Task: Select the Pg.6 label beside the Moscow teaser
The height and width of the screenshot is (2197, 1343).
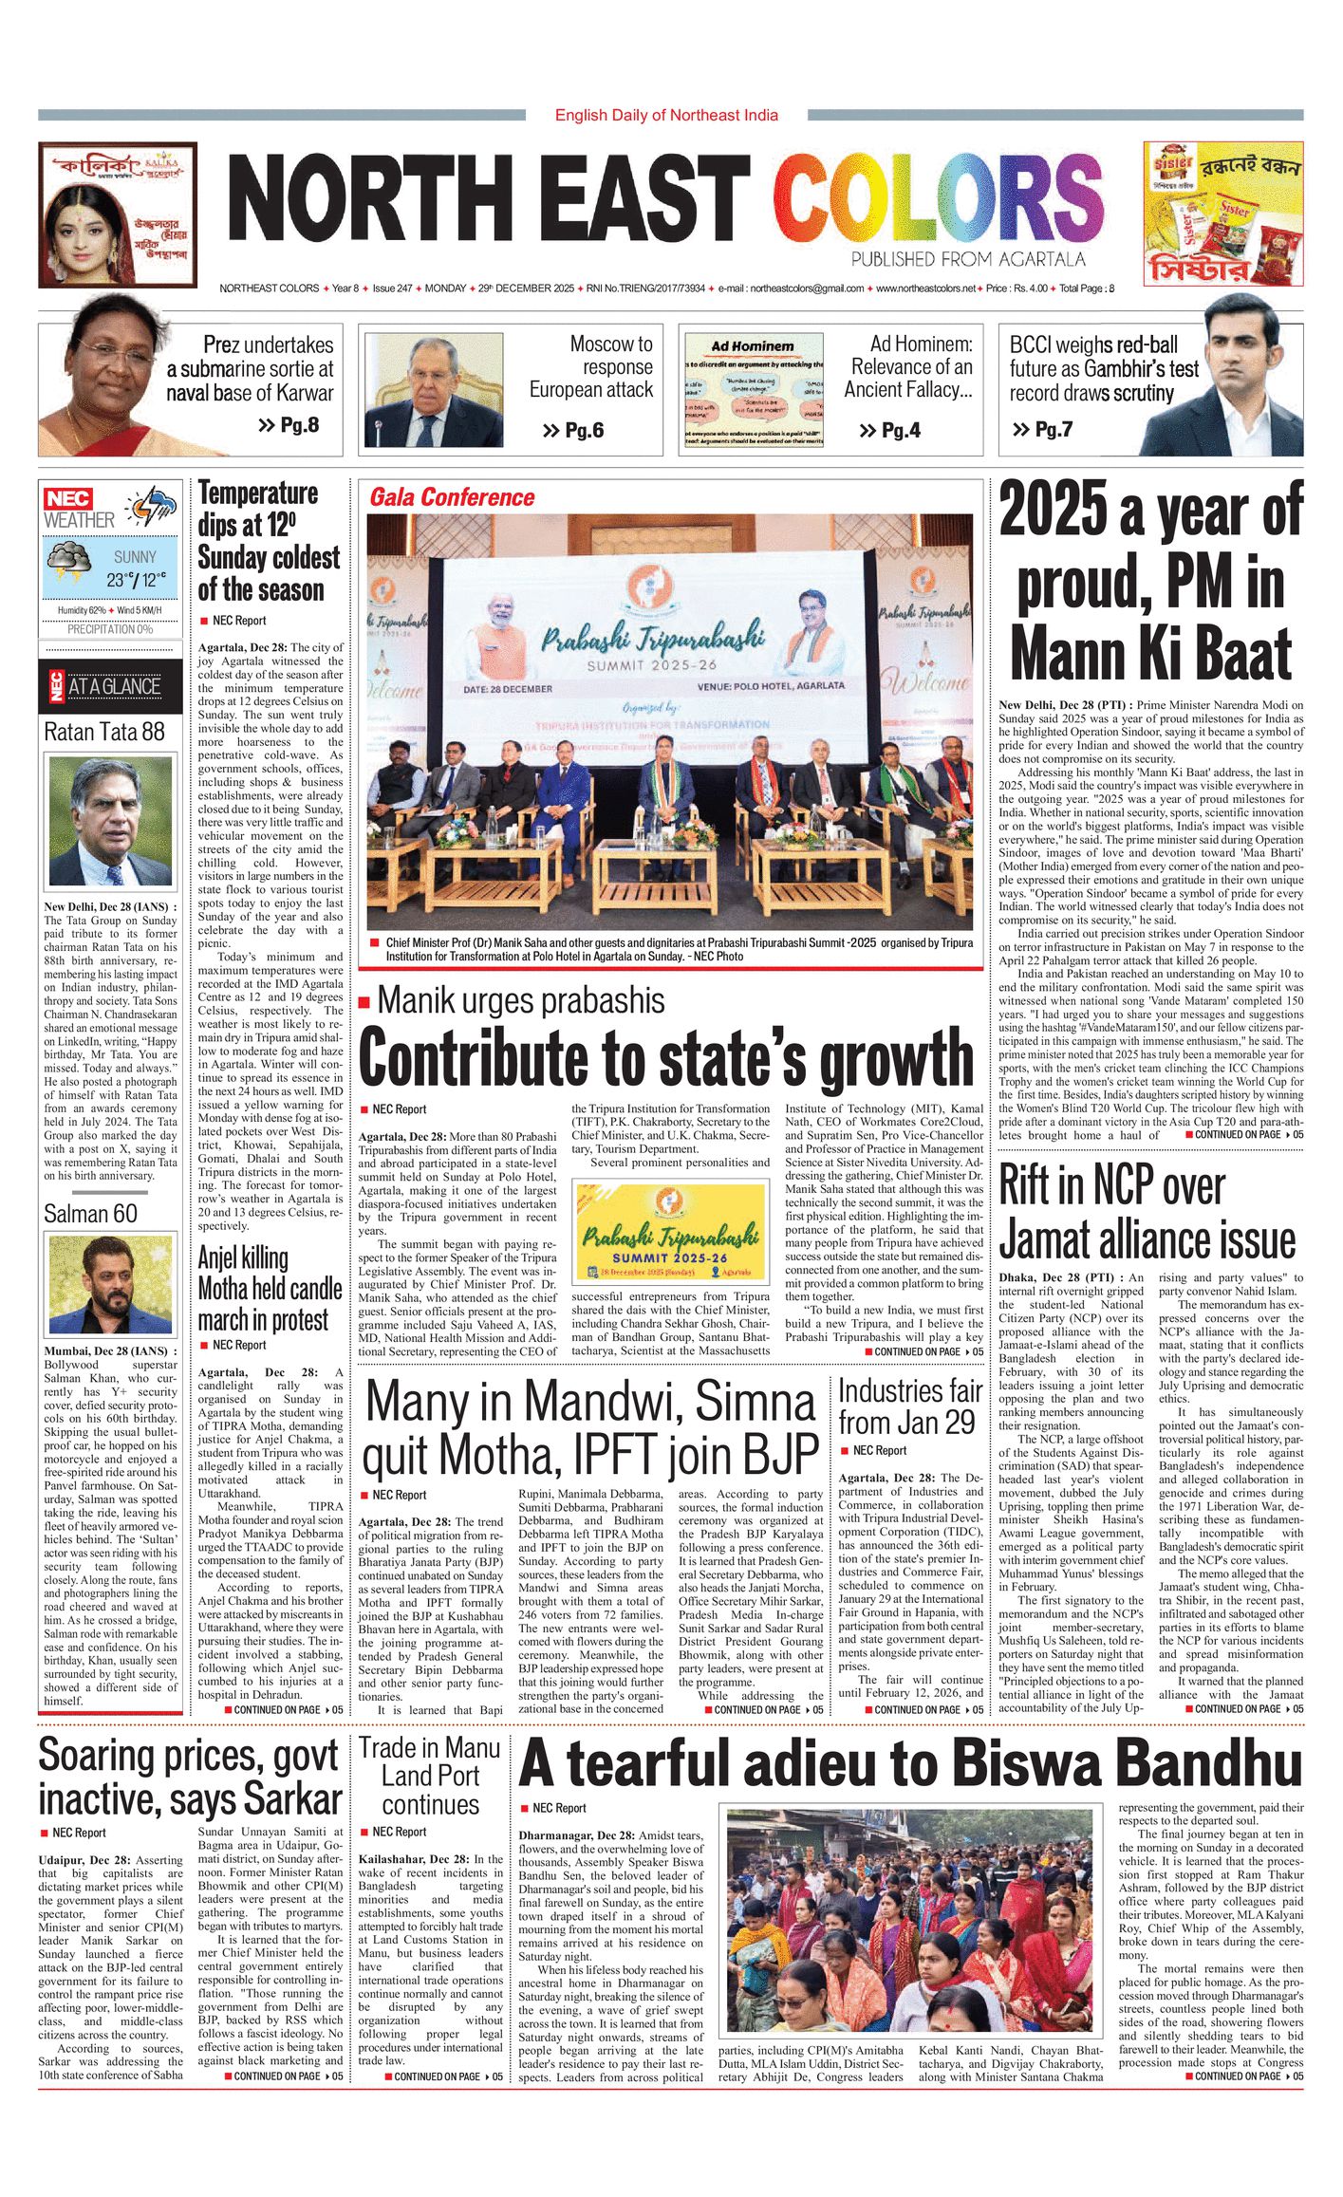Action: click(573, 431)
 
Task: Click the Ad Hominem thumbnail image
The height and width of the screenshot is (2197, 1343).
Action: click(754, 389)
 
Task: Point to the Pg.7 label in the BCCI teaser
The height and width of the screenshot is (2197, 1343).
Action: click(1042, 429)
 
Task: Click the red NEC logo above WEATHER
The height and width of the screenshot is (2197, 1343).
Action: click(67, 498)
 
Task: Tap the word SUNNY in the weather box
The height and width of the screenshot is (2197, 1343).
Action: click(135, 557)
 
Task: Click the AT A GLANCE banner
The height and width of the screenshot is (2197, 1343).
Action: click(110, 686)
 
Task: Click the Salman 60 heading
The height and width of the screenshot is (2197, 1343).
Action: click(90, 1214)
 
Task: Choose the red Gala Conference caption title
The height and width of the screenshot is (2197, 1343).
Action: click(452, 497)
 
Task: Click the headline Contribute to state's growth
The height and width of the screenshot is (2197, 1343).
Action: click(666, 1056)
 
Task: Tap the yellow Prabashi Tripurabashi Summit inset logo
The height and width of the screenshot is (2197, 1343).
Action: click(671, 1231)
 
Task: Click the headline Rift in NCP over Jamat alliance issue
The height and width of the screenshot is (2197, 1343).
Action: click(1147, 1212)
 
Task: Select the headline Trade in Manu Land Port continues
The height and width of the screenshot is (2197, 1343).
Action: click(430, 1776)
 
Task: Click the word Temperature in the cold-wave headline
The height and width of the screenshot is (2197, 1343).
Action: click(258, 493)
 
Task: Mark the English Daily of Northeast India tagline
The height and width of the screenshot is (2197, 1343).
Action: click(666, 115)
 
